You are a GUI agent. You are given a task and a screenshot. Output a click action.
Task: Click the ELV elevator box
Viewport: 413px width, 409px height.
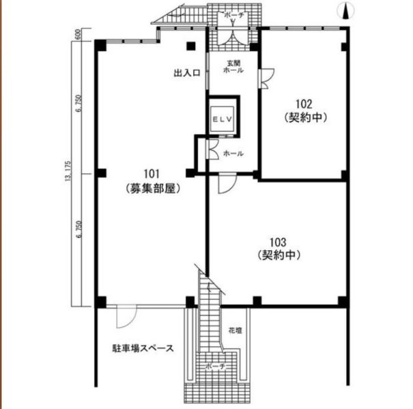click(223, 119)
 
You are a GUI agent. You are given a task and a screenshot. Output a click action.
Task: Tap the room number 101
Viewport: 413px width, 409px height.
click(152, 174)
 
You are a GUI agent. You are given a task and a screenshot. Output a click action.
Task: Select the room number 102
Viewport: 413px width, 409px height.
click(304, 104)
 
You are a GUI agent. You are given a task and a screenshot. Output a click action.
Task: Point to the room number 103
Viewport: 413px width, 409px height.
click(278, 242)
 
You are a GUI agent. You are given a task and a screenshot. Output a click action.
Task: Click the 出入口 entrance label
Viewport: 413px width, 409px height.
click(187, 73)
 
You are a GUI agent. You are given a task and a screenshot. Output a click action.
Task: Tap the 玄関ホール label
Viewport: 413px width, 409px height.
click(233, 67)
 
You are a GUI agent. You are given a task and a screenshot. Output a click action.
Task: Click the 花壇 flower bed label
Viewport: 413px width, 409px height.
click(236, 331)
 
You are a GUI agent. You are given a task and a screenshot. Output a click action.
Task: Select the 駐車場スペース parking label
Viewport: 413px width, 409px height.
click(143, 348)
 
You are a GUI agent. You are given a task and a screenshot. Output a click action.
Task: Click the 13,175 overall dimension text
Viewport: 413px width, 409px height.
click(68, 171)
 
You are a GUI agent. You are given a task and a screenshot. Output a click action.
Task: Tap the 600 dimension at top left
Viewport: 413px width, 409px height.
click(78, 34)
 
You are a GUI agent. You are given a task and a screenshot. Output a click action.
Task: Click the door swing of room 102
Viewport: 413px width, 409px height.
click(267, 78)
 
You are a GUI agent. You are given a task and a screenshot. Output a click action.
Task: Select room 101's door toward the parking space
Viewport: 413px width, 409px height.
click(126, 316)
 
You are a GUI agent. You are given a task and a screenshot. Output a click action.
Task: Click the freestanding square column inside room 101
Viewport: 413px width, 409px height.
click(191, 46)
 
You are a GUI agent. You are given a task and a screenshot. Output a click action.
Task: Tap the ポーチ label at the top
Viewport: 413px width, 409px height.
click(234, 15)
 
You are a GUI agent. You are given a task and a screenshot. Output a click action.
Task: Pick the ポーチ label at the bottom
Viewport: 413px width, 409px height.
click(216, 366)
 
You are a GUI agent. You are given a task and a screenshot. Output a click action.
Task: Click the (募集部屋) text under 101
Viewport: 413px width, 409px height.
click(153, 188)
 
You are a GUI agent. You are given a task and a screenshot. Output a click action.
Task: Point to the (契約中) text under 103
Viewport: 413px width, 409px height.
click(279, 255)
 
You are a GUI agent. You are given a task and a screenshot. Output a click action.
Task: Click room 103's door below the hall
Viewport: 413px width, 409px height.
click(227, 184)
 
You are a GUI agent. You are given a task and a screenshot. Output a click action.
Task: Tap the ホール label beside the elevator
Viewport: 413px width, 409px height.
click(233, 153)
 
